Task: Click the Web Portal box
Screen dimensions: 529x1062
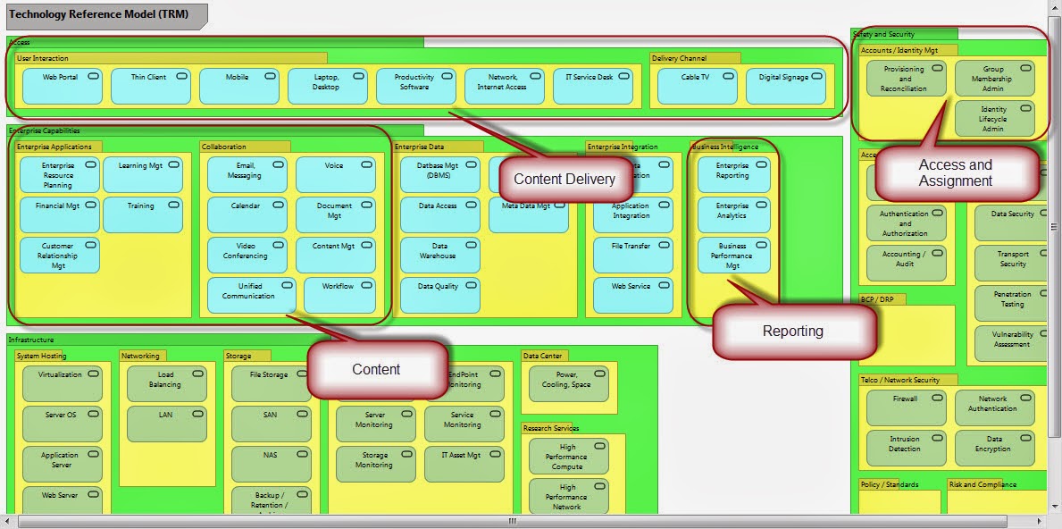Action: (62, 86)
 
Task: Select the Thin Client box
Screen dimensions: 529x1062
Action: (150, 86)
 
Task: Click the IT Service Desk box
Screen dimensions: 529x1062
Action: (592, 86)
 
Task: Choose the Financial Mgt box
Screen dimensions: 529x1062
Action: (59, 214)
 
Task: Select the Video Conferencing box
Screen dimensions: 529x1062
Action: (247, 255)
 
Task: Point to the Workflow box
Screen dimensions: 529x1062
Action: (339, 295)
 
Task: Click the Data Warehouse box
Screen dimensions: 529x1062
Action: (439, 255)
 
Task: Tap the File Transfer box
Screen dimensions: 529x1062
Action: (632, 255)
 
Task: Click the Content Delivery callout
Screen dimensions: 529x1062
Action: (564, 179)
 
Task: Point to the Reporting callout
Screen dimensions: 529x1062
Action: (793, 331)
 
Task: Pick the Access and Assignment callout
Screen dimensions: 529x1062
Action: (956, 173)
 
